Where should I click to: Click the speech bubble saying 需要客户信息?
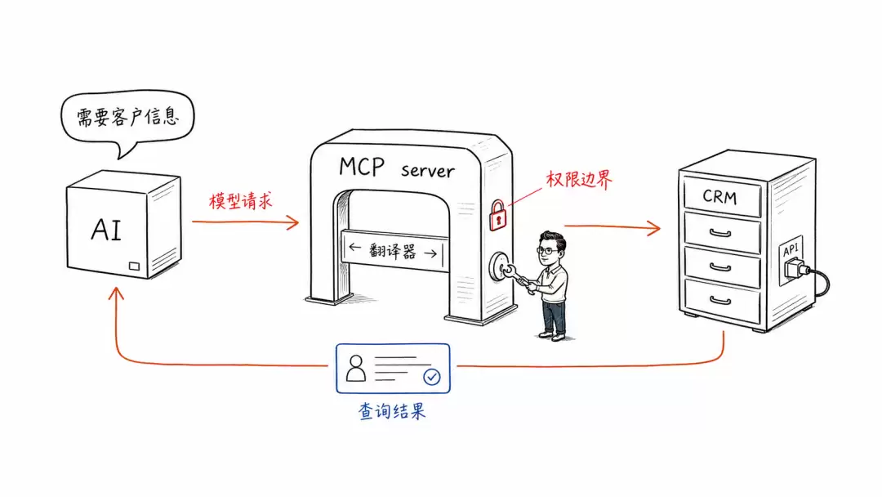coord(127,119)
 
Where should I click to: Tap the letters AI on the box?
coord(106,230)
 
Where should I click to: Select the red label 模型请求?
coord(241,201)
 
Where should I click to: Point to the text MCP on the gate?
coord(362,167)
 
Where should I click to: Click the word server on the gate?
coord(427,171)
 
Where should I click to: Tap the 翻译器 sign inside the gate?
coord(394,250)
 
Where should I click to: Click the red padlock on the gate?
coord(498,216)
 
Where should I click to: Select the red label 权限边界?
coord(579,180)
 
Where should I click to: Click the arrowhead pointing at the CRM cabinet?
coord(653,228)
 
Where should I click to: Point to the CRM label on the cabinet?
coord(719,196)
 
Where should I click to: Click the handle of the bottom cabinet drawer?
coord(720,301)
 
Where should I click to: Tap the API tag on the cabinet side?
coord(791,249)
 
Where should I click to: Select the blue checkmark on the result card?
coord(432,377)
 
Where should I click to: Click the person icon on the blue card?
coord(355,368)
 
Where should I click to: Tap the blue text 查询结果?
coord(392,411)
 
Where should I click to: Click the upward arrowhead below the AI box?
coord(117,293)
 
